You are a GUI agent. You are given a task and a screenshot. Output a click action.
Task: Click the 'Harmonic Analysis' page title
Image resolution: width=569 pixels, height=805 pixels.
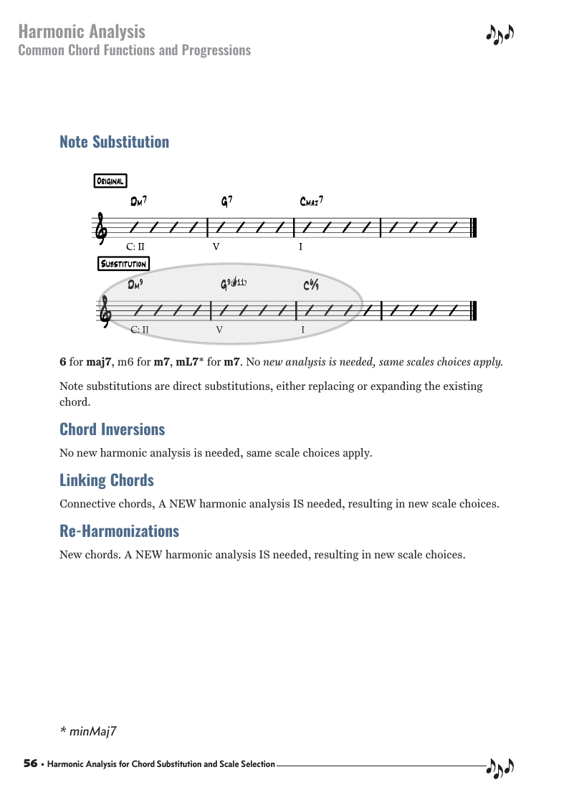pyautogui.click(x=82, y=32)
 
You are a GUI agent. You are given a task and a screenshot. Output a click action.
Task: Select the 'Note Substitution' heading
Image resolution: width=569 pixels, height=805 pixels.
pyautogui.click(x=115, y=142)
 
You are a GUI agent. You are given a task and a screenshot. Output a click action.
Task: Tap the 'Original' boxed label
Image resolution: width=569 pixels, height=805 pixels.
pyautogui.click(x=111, y=181)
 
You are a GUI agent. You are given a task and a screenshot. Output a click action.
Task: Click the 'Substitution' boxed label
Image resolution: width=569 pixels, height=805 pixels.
pyautogui.click(x=124, y=264)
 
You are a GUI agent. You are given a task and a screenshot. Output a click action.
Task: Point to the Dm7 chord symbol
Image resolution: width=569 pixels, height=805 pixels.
pyautogui.click(x=139, y=202)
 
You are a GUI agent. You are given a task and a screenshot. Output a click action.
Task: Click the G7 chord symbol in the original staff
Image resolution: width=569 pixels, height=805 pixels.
pyautogui.click(x=226, y=202)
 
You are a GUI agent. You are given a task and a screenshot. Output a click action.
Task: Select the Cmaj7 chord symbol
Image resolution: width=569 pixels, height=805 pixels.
pyautogui.click(x=312, y=202)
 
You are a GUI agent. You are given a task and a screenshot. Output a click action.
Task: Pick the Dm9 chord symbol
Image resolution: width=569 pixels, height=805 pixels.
pyautogui.click(x=136, y=285)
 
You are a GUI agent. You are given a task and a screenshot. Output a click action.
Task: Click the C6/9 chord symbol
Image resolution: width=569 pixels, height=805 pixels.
pyautogui.click(x=311, y=285)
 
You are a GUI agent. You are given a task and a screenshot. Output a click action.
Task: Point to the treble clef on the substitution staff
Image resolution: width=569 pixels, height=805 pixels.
pyautogui.click(x=104, y=312)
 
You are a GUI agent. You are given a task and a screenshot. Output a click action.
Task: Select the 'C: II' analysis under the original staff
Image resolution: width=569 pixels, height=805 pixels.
pyautogui.click(x=135, y=247)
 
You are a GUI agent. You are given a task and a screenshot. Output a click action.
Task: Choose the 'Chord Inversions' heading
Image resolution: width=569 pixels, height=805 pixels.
pyautogui.click(x=113, y=429)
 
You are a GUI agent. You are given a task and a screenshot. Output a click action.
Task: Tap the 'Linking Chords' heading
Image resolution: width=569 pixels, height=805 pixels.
pyautogui.click(x=107, y=480)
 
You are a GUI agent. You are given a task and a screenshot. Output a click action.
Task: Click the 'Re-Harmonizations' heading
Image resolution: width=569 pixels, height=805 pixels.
pyautogui.click(x=120, y=531)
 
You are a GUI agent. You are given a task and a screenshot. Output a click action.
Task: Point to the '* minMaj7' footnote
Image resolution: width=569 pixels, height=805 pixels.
pyautogui.click(x=88, y=731)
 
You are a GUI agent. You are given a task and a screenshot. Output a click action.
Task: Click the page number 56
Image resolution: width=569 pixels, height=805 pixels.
pyautogui.click(x=30, y=764)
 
